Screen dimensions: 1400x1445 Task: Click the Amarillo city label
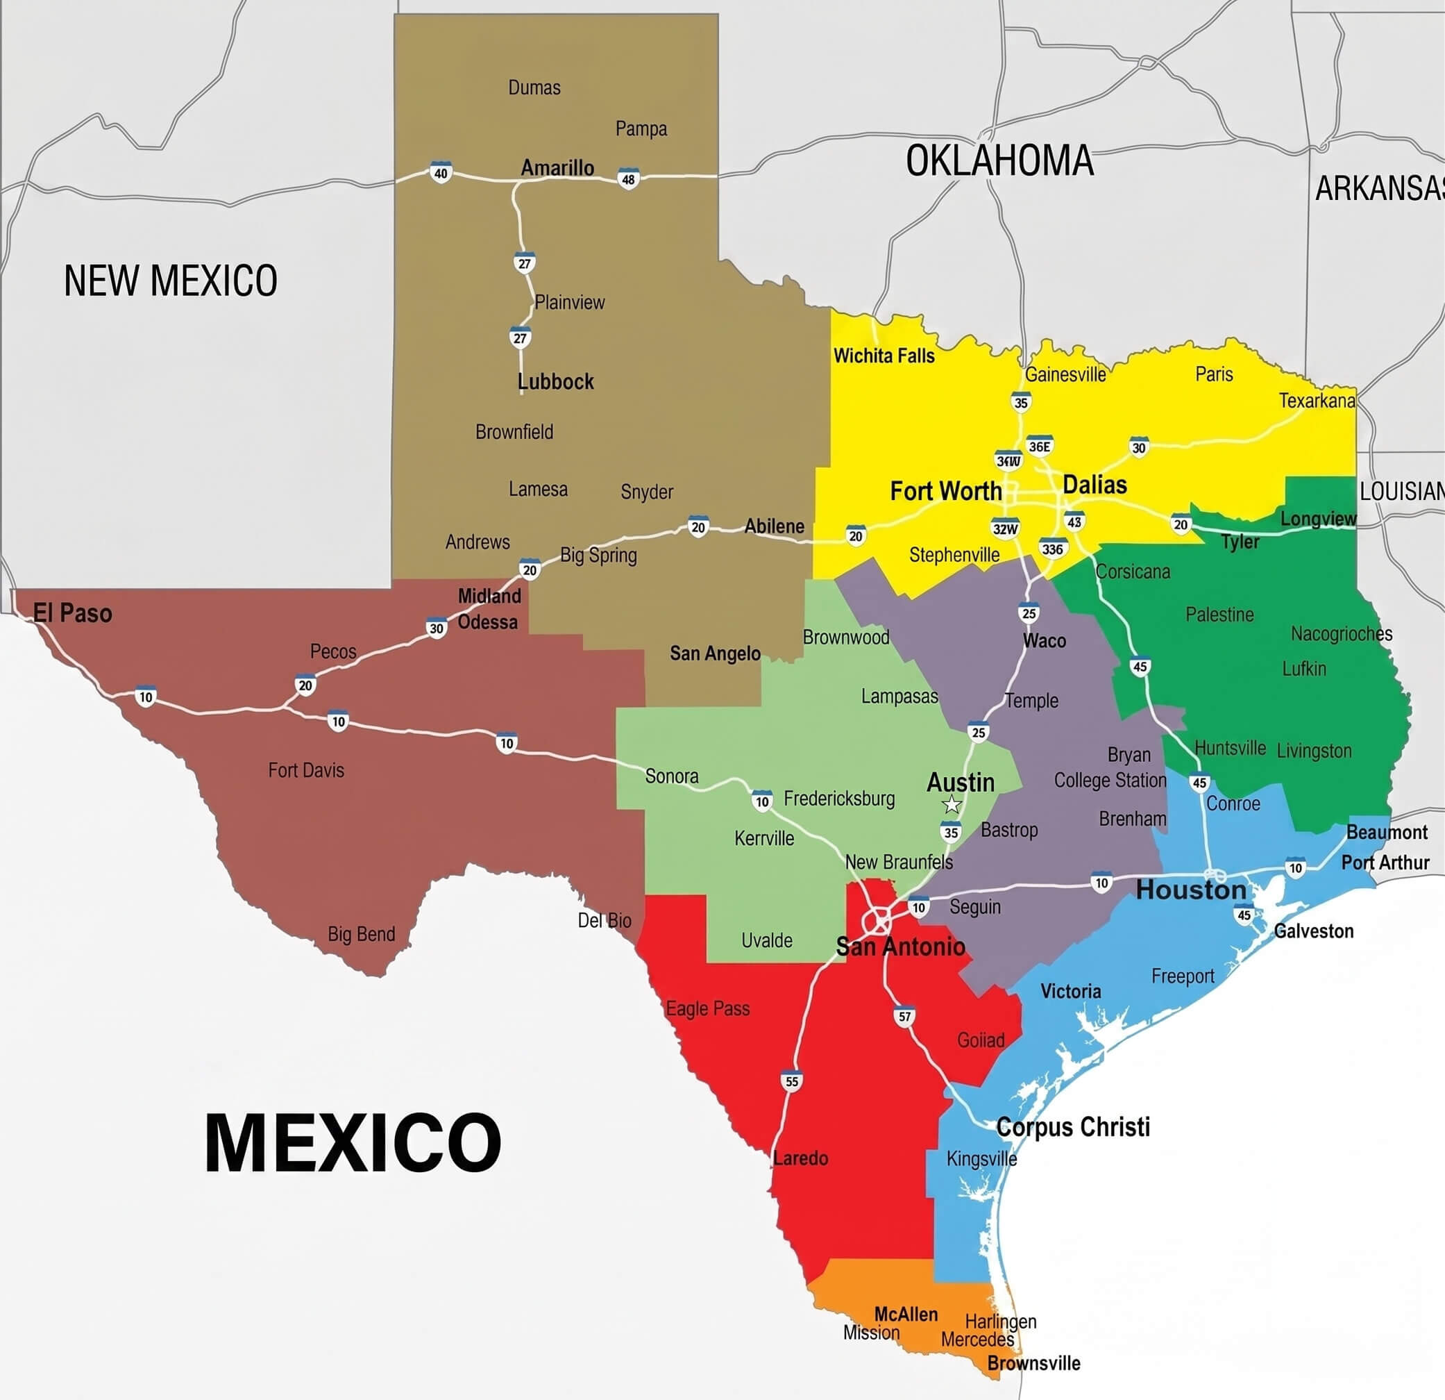[557, 168]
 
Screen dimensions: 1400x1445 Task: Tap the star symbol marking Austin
[952, 804]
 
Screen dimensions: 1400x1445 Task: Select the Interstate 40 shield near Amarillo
[441, 174]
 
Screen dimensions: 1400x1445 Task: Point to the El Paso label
[73, 613]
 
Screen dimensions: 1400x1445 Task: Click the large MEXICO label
[353, 1142]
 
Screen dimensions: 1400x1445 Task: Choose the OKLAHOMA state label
[999, 161]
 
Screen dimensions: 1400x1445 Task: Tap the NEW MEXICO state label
[170, 281]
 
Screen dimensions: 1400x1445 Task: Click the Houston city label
[1191, 890]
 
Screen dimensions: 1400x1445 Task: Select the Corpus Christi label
[1073, 1127]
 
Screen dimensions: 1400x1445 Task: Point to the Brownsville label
[1033, 1363]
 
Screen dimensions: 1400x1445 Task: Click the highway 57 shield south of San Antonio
[904, 1017]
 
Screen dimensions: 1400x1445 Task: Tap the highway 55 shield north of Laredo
[792, 1081]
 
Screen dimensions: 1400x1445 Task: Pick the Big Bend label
[361, 934]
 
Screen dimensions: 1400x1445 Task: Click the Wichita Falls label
[884, 356]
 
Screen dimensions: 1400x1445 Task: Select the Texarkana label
[1317, 401]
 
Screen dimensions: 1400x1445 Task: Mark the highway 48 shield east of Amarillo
[628, 179]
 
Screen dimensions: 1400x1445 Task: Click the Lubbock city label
[556, 381]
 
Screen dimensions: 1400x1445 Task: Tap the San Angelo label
[715, 653]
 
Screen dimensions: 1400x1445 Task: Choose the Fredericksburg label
[839, 798]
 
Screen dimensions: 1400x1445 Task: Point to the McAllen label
[905, 1314]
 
